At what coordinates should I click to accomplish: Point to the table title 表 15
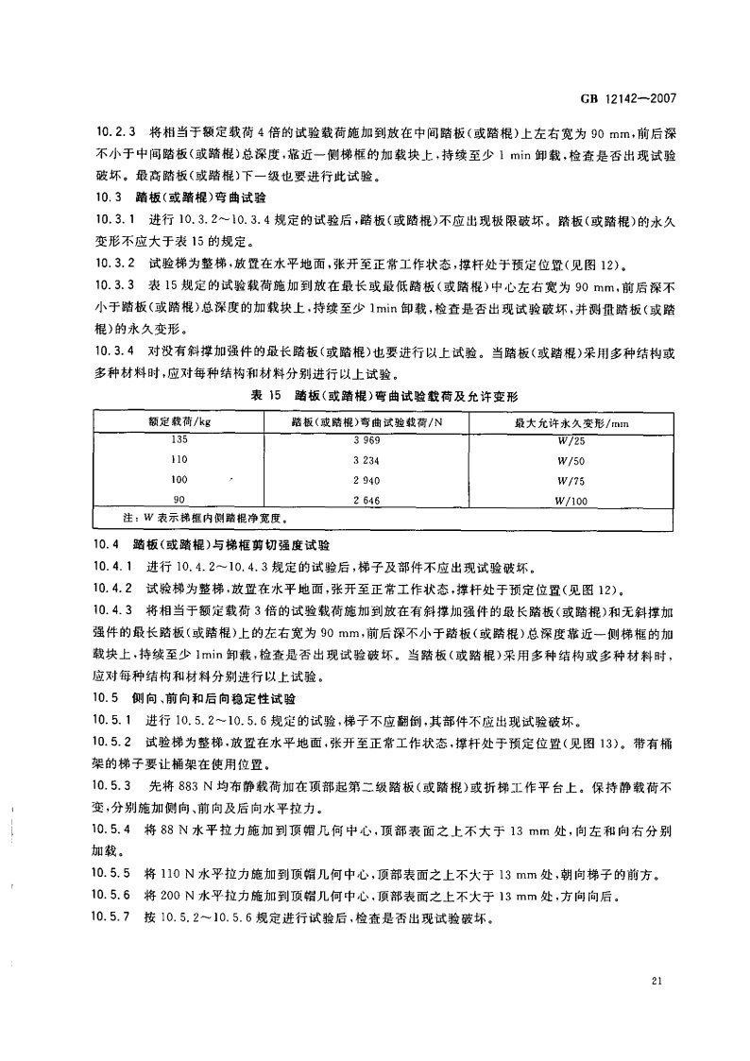pos(278,392)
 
